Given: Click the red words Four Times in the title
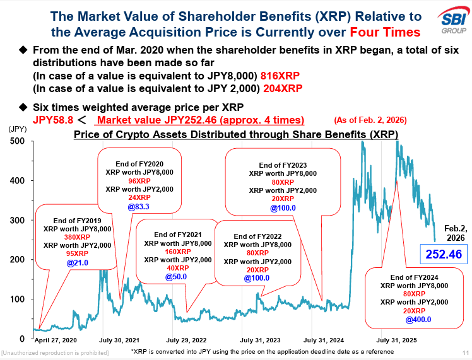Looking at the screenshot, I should [x=384, y=32].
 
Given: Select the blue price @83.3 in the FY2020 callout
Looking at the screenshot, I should [x=141, y=206].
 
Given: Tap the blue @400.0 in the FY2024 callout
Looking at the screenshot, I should [x=414, y=319].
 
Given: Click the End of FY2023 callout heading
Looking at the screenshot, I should [x=283, y=165].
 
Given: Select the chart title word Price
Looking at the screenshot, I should [x=88, y=134].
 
